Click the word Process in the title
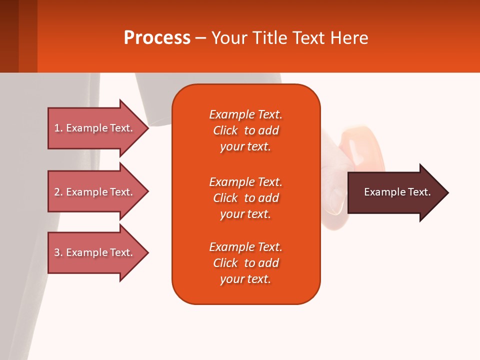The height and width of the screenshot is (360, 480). (157, 38)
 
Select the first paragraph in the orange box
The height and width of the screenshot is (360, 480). (245, 130)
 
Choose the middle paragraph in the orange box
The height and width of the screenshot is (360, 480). (245, 198)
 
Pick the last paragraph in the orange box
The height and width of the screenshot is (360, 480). (245, 263)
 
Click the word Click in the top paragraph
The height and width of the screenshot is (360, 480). (225, 130)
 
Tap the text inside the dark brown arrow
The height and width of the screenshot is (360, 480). (397, 192)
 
